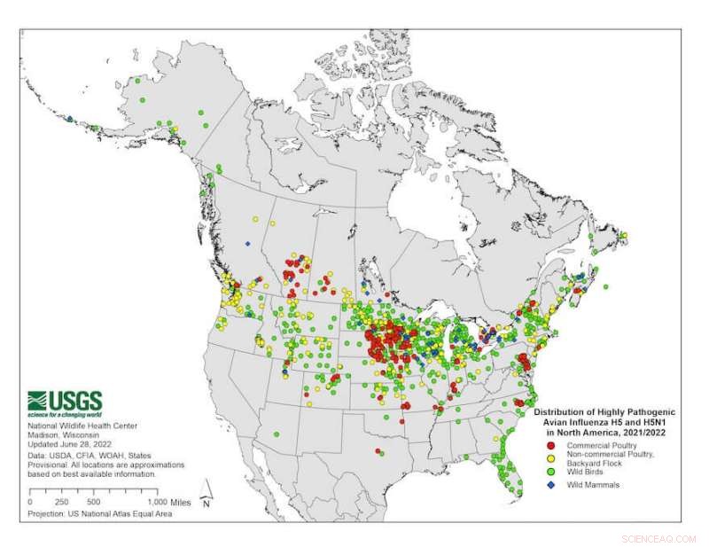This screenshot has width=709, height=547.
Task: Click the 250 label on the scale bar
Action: (x=62, y=502)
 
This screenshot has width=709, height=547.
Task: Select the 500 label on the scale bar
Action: (x=93, y=502)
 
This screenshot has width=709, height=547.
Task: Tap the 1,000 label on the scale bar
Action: (x=152, y=502)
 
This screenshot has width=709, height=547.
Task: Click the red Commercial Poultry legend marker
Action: (x=550, y=445)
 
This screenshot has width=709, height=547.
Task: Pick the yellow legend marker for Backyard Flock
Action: (x=550, y=456)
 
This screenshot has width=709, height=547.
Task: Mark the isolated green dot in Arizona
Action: (x=277, y=434)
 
